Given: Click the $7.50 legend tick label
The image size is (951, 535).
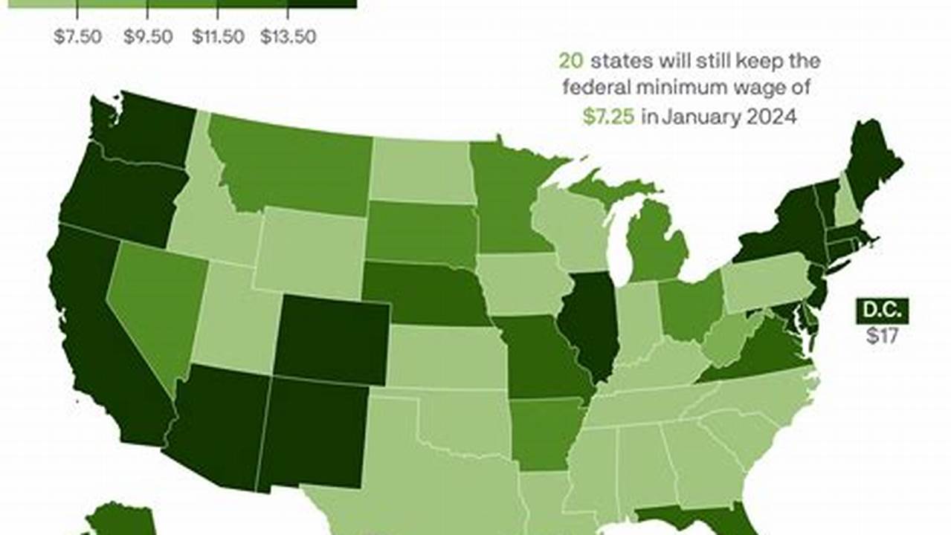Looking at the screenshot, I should [77, 37].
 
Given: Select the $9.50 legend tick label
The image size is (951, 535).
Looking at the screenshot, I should [147, 37].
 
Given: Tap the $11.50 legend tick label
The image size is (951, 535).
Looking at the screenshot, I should [218, 37].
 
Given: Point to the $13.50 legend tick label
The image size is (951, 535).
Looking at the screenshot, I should [288, 37].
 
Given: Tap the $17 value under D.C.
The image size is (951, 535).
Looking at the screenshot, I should [882, 335].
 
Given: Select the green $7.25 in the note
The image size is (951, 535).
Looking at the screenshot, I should [608, 117].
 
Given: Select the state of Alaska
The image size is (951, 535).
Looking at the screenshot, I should [119, 520].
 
